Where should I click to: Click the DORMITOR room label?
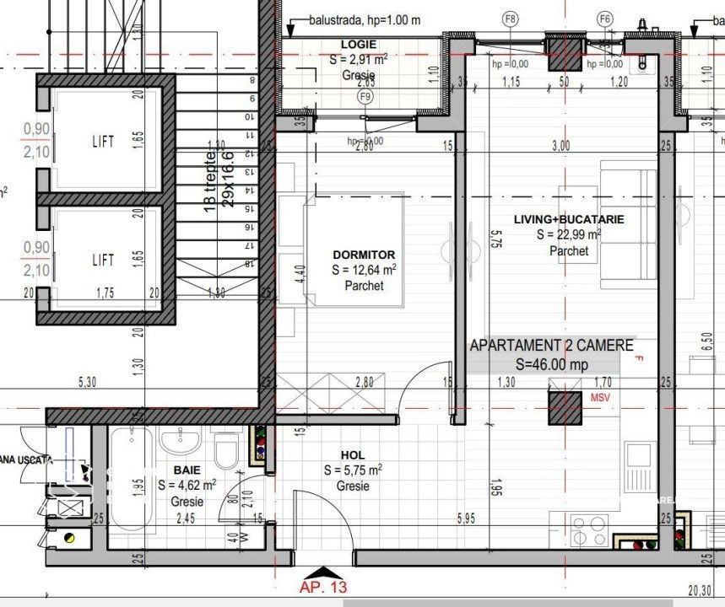pos(364,255)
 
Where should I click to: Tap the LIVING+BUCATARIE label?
pos(568,219)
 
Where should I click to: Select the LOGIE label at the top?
pos(359,44)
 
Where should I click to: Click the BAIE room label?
pos(187,469)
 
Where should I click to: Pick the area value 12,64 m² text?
pos(365,270)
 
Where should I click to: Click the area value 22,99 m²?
pos(568,235)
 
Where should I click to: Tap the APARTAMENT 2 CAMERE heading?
pos(550,345)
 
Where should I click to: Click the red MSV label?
pos(600,397)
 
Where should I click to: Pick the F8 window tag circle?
pos(510,19)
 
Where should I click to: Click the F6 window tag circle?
pos(604,19)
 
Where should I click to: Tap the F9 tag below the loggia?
pos(365,97)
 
